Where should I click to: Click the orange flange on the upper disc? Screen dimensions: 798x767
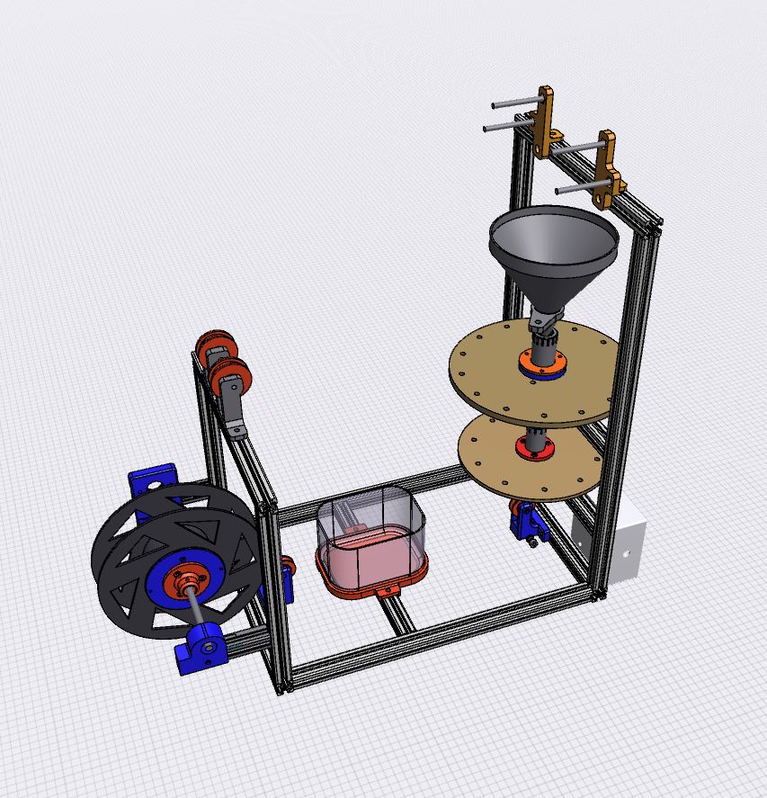pos(540,367)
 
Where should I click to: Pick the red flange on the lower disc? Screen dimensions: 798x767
pos(531,447)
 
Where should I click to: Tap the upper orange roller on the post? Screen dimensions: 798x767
pos(216,346)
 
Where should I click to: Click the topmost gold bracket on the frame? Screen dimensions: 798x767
pos(545,121)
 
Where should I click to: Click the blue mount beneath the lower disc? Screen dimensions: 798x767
pos(524,522)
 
